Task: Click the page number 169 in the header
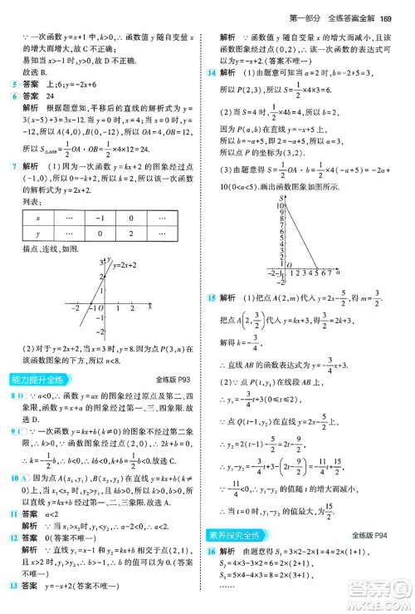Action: (x=384, y=12)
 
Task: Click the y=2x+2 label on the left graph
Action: (x=127, y=265)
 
